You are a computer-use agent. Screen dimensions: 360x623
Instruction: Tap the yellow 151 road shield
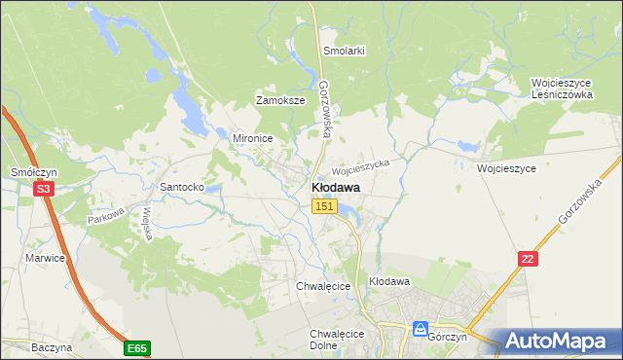(x=325, y=206)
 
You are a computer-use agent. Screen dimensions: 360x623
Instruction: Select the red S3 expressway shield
(x=42, y=190)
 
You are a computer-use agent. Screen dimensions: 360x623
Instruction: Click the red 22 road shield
(x=528, y=257)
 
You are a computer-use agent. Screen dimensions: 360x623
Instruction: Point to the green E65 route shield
(x=137, y=347)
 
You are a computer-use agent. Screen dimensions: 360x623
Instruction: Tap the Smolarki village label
(x=344, y=51)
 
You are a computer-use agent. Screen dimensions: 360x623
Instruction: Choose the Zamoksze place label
(x=280, y=100)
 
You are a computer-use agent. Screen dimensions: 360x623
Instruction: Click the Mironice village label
(x=251, y=138)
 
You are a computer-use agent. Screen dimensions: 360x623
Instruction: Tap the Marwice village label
(x=45, y=258)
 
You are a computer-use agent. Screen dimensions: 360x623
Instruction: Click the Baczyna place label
(x=52, y=346)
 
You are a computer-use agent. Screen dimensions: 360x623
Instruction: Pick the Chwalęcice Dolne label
(x=336, y=340)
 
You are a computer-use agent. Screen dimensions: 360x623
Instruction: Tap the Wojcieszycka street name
(x=361, y=165)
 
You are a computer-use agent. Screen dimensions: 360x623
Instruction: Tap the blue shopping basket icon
(x=421, y=328)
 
